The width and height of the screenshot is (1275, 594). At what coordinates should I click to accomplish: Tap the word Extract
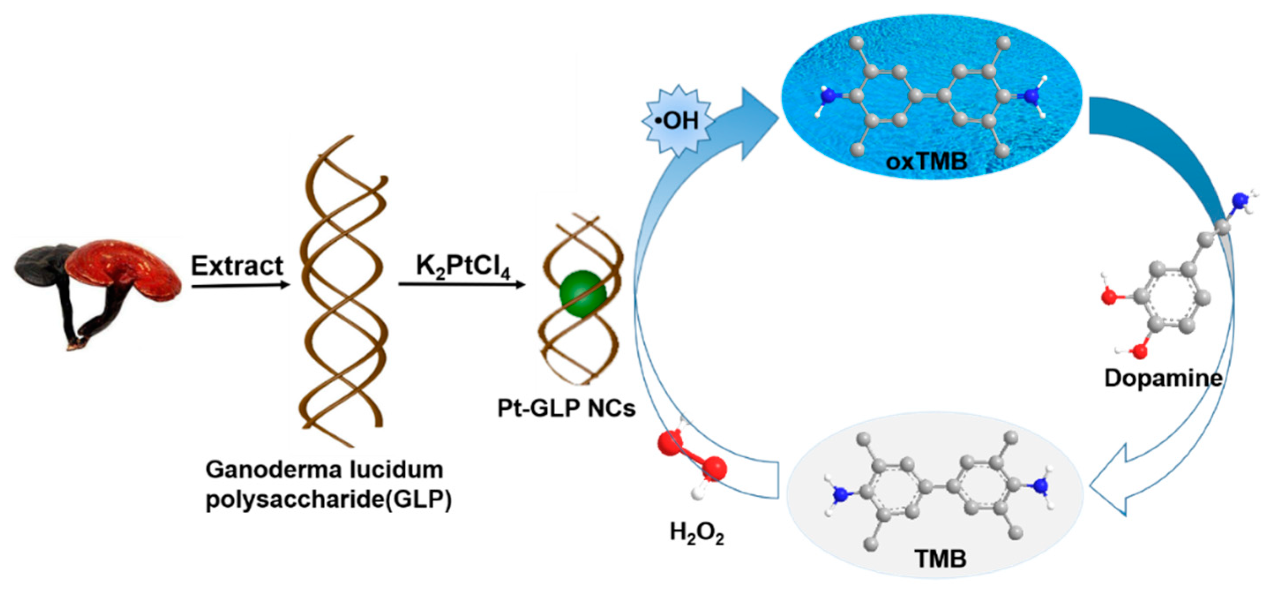tap(236, 266)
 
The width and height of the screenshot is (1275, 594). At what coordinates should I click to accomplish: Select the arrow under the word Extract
tap(240, 285)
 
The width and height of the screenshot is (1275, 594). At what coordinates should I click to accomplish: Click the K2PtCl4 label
tap(462, 267)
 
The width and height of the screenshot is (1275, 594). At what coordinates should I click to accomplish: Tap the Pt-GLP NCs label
tap(566, 408)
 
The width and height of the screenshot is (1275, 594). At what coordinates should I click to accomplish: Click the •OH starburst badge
tap(677, 120)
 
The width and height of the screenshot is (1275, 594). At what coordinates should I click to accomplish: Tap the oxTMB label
tap(926, 162)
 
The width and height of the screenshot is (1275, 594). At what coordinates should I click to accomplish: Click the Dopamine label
tap(1163, 379)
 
